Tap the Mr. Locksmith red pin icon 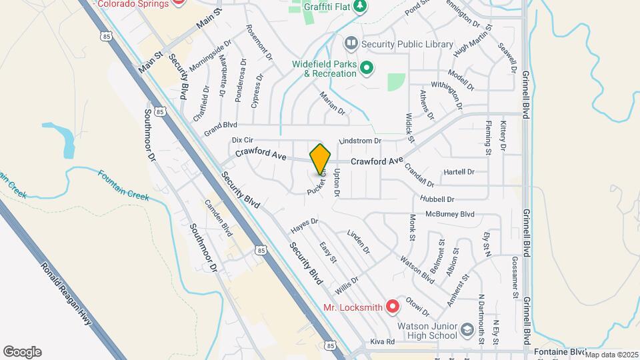click(x=393, y=307)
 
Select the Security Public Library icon click(x=351, y=43)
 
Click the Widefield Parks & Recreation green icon click(x=366, y=68)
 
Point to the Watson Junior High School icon click(x=467, y=330)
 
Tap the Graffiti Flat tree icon click(x=360, y=6)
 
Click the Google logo click(x=22, y=352)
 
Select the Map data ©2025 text click(x=611, y=355)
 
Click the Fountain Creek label click(x=123, y=186)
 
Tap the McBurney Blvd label click(x=450, y=214)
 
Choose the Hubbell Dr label click(x=437, y=199)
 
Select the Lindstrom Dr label click(x=360, y=141)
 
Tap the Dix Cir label click(x=243, y=140)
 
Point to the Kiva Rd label click(x=382, y=341)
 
